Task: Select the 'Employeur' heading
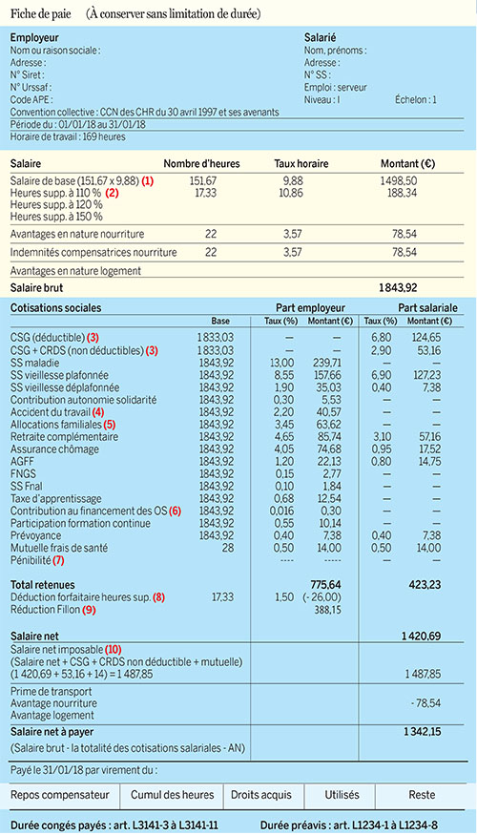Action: point(35,37)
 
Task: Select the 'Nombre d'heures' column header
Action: point(201,163)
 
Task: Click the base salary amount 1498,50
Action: point(398,179)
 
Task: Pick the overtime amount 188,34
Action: point(398,192)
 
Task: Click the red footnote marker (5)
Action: point(110,424)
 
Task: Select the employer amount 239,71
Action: point(325,362)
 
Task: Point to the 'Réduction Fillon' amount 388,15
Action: point(326,610)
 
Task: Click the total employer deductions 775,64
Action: point(326,583)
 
